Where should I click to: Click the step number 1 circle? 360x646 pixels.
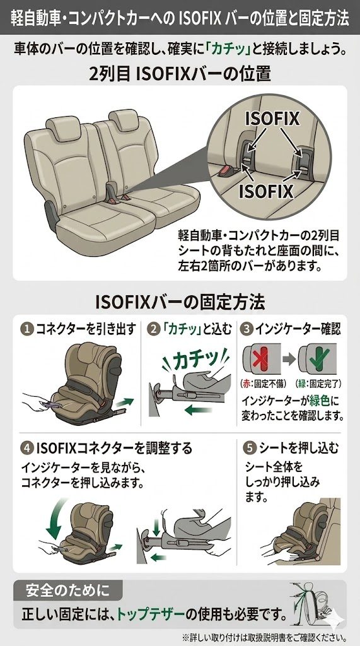[x=26, y=329]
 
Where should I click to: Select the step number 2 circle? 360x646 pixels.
[x=153, y=329]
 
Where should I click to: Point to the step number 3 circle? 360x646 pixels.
[x=247, y=329]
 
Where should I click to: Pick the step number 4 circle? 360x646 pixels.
[x=27, y=448]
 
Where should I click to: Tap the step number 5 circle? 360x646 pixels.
[x=250, y=448]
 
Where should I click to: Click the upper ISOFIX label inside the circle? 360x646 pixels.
[x=272, y=119]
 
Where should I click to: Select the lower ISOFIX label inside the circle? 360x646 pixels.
[x=266, y=192]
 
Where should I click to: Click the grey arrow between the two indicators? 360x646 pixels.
[x=289, y=359]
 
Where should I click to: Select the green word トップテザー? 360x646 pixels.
[x=150, y=614]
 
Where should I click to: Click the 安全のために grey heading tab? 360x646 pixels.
[x=68, y=590]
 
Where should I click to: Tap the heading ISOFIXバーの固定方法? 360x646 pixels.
[x=180, y=303]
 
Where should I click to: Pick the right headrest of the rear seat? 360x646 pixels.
[x=122, y=119]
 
